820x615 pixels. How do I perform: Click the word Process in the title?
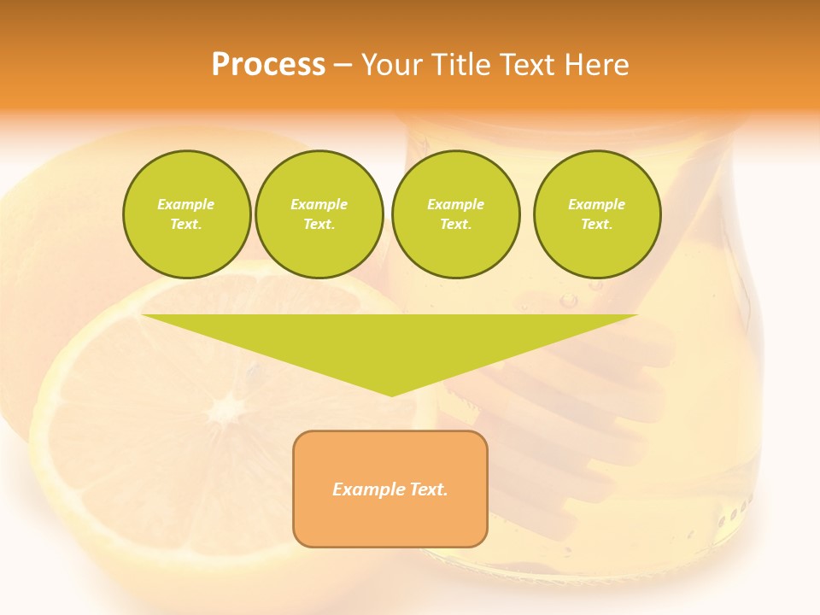point(268,65)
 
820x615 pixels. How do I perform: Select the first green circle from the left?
point(186,214)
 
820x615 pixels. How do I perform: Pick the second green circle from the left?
point(319,214)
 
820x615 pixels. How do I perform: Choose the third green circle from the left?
point(455,214)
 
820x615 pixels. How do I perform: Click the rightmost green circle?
point(596,214)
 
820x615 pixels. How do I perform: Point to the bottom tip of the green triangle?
point(390,395)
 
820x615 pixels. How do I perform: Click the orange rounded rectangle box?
point(390,489)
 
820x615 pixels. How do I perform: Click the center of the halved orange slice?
point(224,410)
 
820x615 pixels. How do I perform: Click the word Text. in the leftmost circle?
point(186,225)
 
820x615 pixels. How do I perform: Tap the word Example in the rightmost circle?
point(596,204)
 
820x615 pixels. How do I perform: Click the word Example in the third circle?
point(455,204)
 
